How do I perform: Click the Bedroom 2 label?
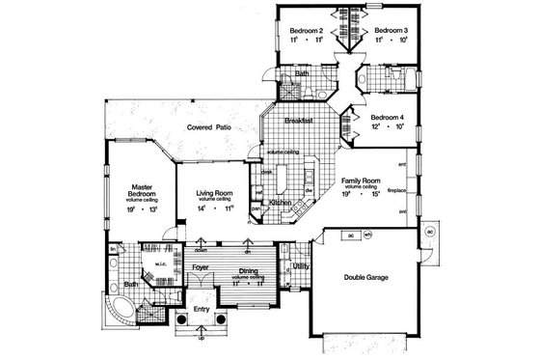305,30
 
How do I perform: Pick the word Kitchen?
280,204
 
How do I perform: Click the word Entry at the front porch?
202,309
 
